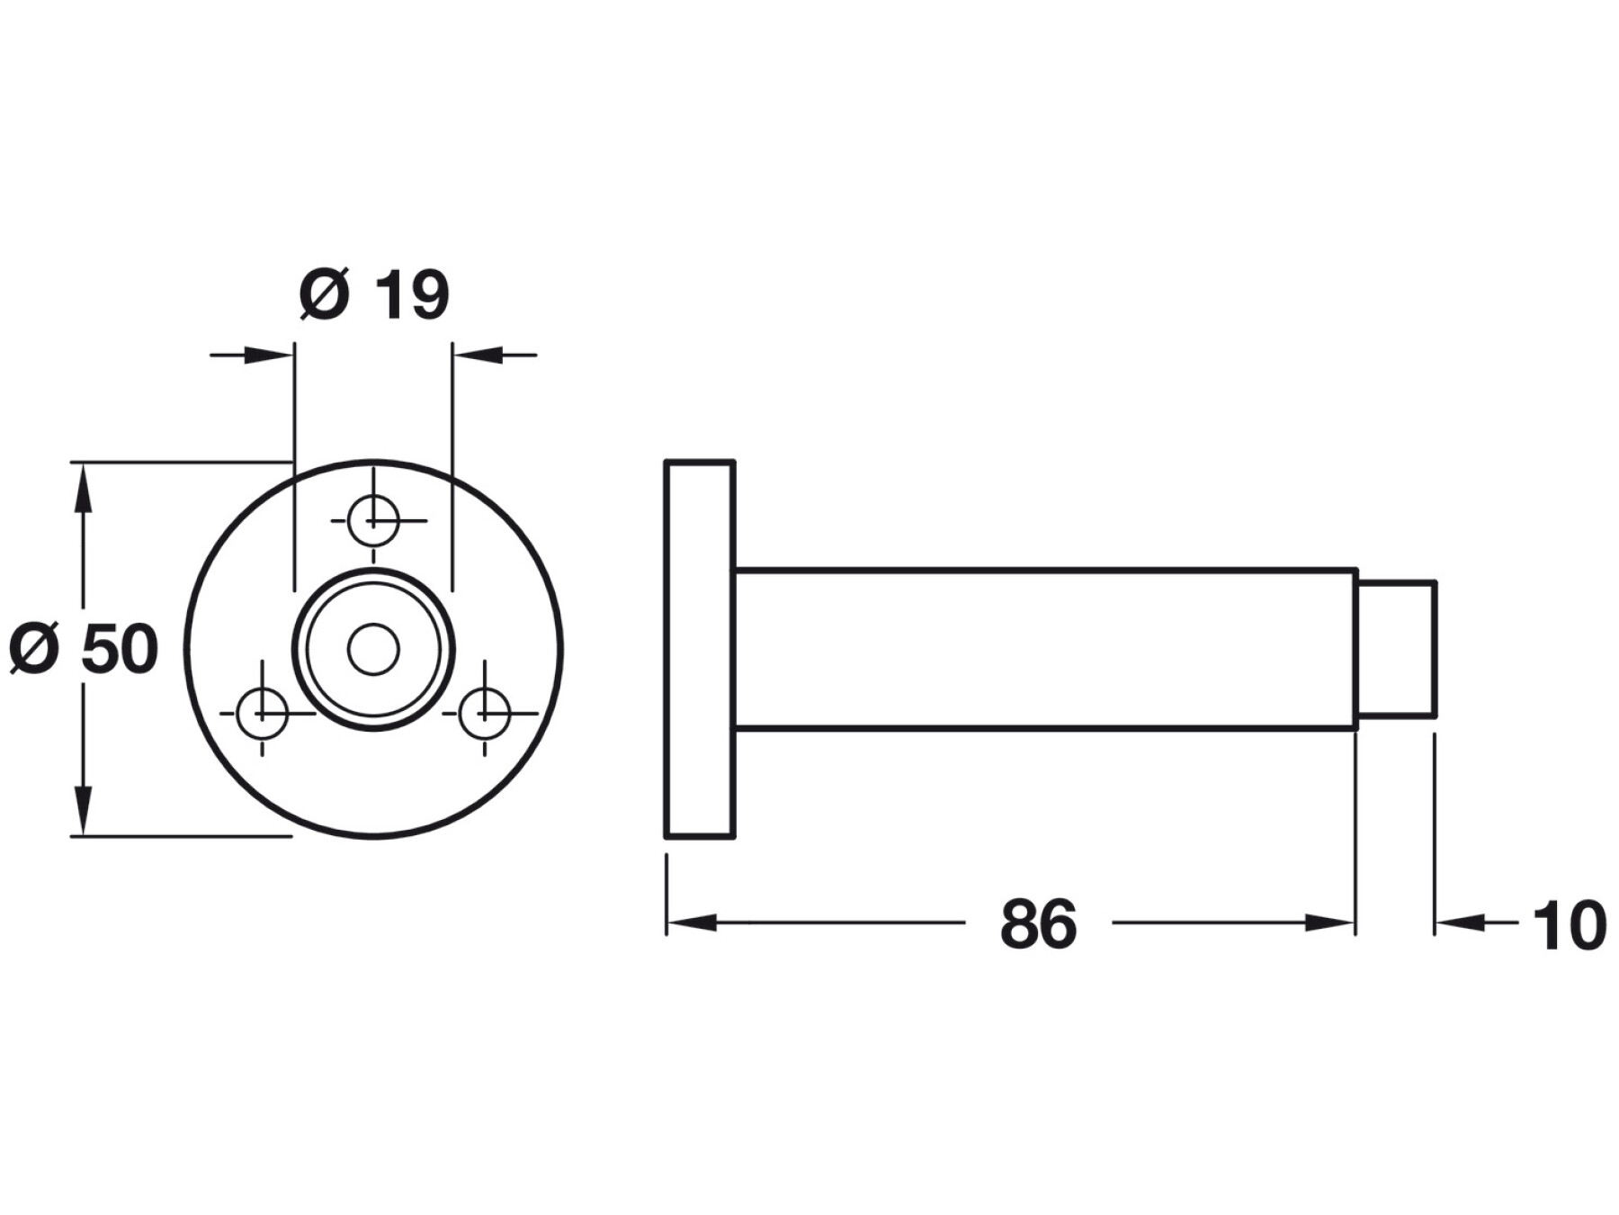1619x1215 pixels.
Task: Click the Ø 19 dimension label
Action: click(x=374, y=293)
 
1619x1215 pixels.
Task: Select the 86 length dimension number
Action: click(x=1038, y=924)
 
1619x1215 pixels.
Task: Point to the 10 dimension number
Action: click(x=1569, y=925)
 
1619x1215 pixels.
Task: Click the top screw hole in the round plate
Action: click(x=373, y=520)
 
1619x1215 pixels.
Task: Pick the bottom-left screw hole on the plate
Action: click(x=262, y=714)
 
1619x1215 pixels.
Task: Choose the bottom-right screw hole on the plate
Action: click(x=485, y=714)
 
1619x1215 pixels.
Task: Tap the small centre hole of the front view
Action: click(x=373, y=650)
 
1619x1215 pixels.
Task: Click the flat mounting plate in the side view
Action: click(x=700, y=649)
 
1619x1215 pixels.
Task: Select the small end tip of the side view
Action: click(x=1396, y=649)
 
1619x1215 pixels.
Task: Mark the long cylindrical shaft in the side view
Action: click(x=1046, y=649)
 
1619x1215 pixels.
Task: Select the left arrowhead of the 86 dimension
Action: click(x=692, y=922)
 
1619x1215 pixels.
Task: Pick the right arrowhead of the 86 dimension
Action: click(x=1329, y=922)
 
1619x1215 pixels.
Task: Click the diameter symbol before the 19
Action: click(x=324, y=294)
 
